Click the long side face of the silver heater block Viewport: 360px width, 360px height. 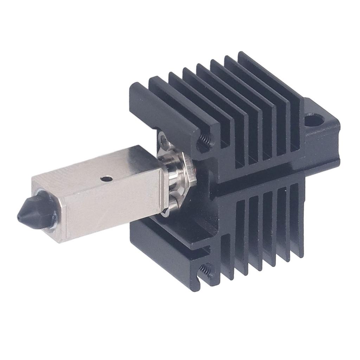112,207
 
